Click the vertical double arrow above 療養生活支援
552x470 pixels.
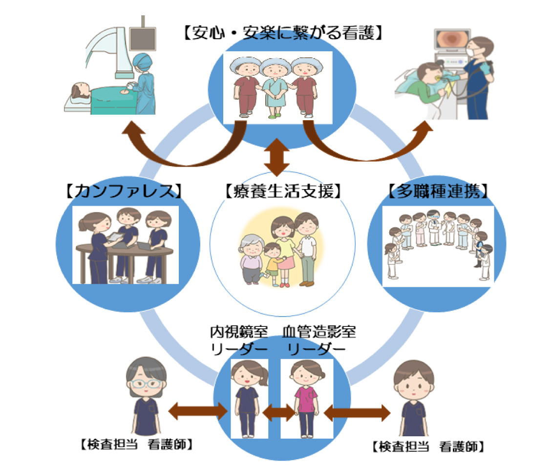[277, 157]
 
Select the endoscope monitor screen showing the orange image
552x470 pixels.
[450, 39]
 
